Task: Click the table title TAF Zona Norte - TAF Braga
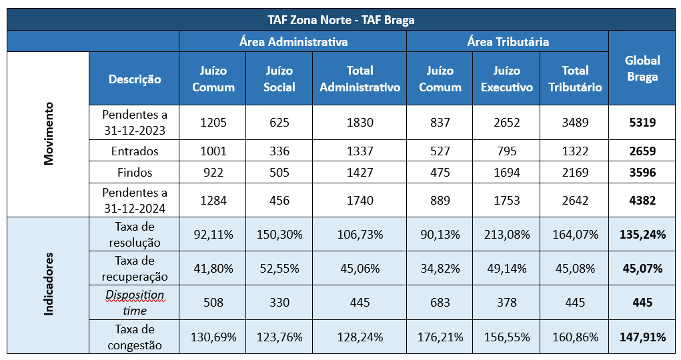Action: (x=340, y=20)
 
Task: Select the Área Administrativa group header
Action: (x=293, y=41)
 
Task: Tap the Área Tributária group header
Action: (x=508, y=41)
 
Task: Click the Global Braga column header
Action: (x=642, y=68)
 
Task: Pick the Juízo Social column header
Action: (x=279, y=79)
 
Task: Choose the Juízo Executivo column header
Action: (x=506, y=79)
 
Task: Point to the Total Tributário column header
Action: (x=574, y=79)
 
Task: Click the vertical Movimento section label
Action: (x=48, y=133)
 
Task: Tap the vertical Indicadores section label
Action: (x=48, y=284)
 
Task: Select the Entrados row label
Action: (x=134, y=151)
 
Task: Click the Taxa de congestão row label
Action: (x=134, y=337)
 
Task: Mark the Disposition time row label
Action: (x=134, y=302)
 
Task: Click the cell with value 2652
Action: (x=506, y=122)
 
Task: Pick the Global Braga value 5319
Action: (x=642, y=122)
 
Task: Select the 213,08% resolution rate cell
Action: (x=506, y=234)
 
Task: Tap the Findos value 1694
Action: (x=506, y=173)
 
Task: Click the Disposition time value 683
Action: (x=440, y=302)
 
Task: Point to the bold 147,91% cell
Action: (x=642, y=337)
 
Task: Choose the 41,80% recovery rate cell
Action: (x=212, y=268)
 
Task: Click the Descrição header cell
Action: (x=134, y=79)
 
